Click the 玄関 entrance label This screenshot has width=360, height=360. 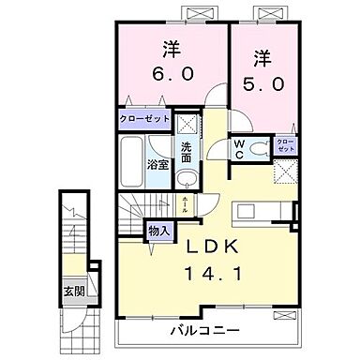click(x=72, y=290)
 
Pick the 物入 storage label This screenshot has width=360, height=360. click(x=157, y=230)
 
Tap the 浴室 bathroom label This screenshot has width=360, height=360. click(x=157, y=165)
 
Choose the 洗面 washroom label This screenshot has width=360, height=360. click(x=187, y=150)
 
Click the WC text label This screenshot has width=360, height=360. click(x=239, y=150)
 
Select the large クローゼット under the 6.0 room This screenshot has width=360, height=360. click(x=145, y=120)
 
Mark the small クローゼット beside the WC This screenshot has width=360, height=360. click(x=284, y=145)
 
